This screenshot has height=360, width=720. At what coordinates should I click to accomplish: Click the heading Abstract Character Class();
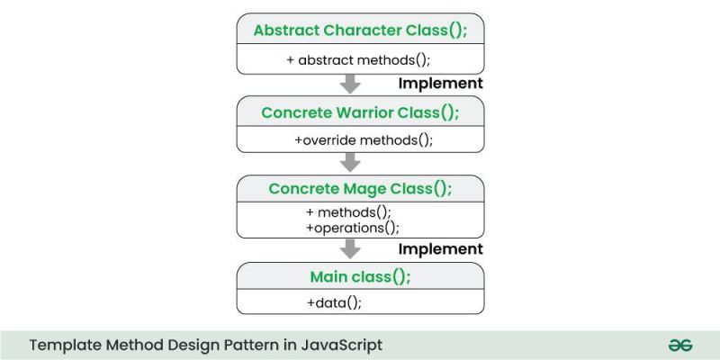(x=360, y=30)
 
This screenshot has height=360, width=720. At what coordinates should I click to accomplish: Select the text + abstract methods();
(x=360, y=59)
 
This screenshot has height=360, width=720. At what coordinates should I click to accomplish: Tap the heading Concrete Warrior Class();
(x=360, y=112)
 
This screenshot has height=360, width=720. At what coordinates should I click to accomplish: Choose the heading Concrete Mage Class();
(x=360, y=189)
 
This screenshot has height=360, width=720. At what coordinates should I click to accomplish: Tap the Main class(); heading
(x=360, y=276)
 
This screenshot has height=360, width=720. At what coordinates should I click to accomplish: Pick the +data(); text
(x=334, y=302)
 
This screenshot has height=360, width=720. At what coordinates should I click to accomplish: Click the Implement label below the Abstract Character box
(x=440, y=83)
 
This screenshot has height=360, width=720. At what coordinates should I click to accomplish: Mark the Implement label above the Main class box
(x=440, y=249)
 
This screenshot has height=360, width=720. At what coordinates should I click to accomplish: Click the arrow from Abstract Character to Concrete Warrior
(x=351, y=84)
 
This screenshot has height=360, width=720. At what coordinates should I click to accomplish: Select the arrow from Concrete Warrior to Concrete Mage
(x=351, y=162)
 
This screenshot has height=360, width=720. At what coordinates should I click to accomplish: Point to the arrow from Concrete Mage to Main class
(x=351, y=248)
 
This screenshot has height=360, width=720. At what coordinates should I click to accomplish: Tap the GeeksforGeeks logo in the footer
(x=679, y=345)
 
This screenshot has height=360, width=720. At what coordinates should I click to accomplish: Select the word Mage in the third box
(x=367, y=189)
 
